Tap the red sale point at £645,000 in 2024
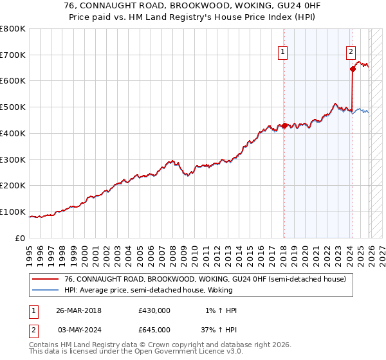click(x=353, y=69)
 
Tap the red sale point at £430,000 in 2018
click(x=284, y=125)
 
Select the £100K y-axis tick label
click(x=13, y=212)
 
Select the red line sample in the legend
click(x=45, y=280)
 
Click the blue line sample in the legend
click(x=45, y=291)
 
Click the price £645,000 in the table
click(x=154, y=329)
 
